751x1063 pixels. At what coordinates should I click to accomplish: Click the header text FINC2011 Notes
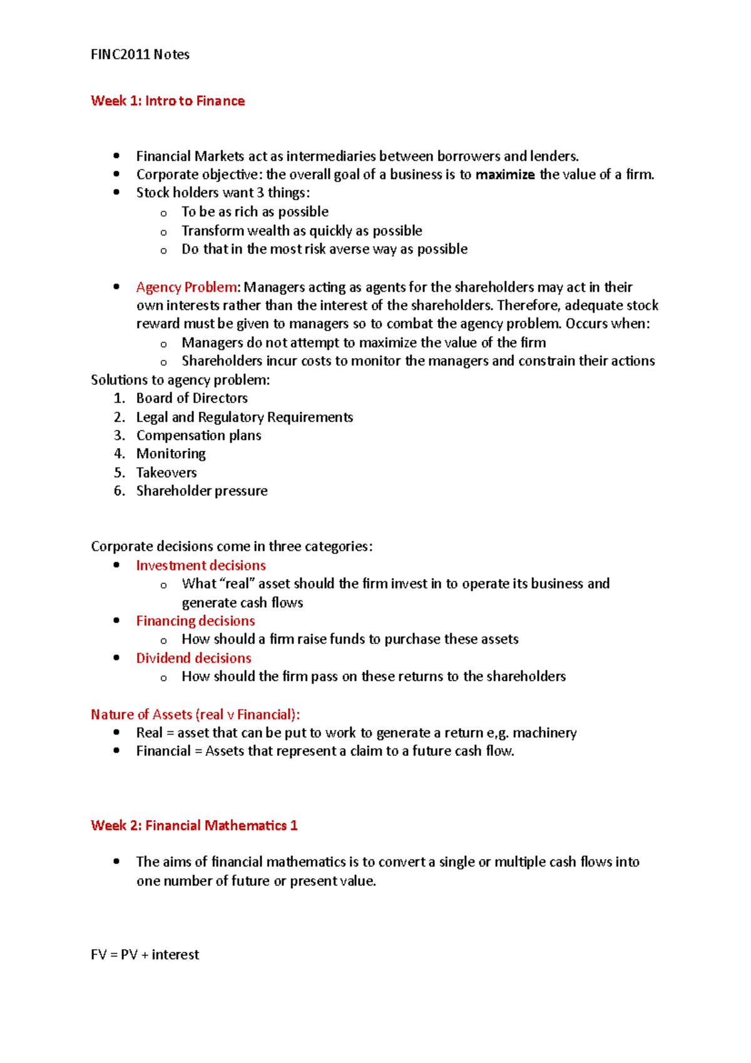click(x=140, y=54)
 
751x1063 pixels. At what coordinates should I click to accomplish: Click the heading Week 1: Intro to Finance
click(x=168, y=101)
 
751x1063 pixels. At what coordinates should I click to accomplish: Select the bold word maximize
click(x=504, y=175)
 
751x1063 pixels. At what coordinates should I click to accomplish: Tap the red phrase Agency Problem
click(x=186, y=287)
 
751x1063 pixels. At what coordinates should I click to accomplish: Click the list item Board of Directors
click(x=192, y=398)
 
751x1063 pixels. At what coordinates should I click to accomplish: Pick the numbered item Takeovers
click(x=166, y=473)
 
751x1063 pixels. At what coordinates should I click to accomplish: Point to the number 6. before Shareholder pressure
click(x=120, y=491)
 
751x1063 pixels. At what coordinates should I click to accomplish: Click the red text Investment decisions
click(x=201, y=565)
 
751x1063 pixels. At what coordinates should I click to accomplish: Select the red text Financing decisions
click(x=195, y=621)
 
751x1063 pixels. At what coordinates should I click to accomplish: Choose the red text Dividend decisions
click(x=193, y=658)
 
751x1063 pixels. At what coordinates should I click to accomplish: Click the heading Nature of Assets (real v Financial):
click(x=195, y=714)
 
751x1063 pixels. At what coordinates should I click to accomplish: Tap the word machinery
click(x=544, y=733)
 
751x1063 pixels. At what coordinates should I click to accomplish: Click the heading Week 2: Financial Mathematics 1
click(x=194, y=826)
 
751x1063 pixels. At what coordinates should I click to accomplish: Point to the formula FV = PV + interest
click(x=145, y=955)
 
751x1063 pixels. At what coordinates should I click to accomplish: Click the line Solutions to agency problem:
click(x=180, y=380)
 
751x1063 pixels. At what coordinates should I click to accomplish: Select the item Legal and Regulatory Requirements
click(x=244, y=417)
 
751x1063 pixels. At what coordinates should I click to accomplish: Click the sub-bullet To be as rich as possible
click(x=255, y=212)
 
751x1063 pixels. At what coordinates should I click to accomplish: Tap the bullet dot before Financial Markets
click(x=116, y=155)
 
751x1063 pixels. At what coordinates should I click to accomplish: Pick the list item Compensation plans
click(x=198, y=435)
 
